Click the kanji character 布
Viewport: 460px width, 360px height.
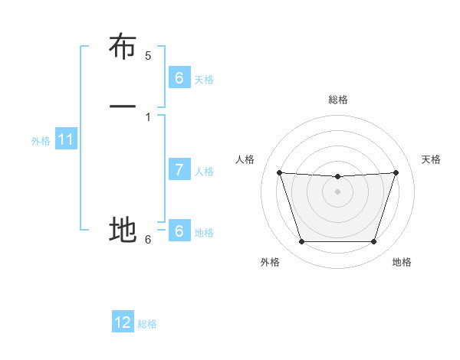(x=123, y=47)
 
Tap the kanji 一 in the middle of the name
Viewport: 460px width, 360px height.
(x=123, y=106)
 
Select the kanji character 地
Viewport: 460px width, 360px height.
(x=123, y=229)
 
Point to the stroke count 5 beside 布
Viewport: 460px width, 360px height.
(x=148, y=56)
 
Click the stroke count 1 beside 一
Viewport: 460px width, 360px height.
(x=148, y=116)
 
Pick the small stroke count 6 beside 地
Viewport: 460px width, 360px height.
(x=148, y=240)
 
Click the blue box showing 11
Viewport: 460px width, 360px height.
(x=66, y=140)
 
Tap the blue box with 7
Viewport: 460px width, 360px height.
(x=179, y=170)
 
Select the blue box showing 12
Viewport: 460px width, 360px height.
(x=123, y=322)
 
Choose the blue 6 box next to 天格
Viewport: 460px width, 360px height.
(x=179, y=78)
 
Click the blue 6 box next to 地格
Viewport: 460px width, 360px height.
(x=179, y=231)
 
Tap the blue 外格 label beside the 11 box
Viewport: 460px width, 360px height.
(x=41, y=141)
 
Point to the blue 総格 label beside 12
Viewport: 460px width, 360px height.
(x=147, y=324)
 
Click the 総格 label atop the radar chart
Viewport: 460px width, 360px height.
(x=338, y=100)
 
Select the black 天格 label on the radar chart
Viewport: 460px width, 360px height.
(x=432, y=159)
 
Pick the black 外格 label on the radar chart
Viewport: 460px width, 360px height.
(x=270, y=263)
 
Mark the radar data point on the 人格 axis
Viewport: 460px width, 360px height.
(x=279, y=172)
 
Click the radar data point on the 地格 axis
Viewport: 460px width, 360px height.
(x=374, y=242)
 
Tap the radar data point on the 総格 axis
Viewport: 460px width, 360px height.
(x=338, y=176)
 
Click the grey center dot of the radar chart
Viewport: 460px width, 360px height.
(x=338, y=191)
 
